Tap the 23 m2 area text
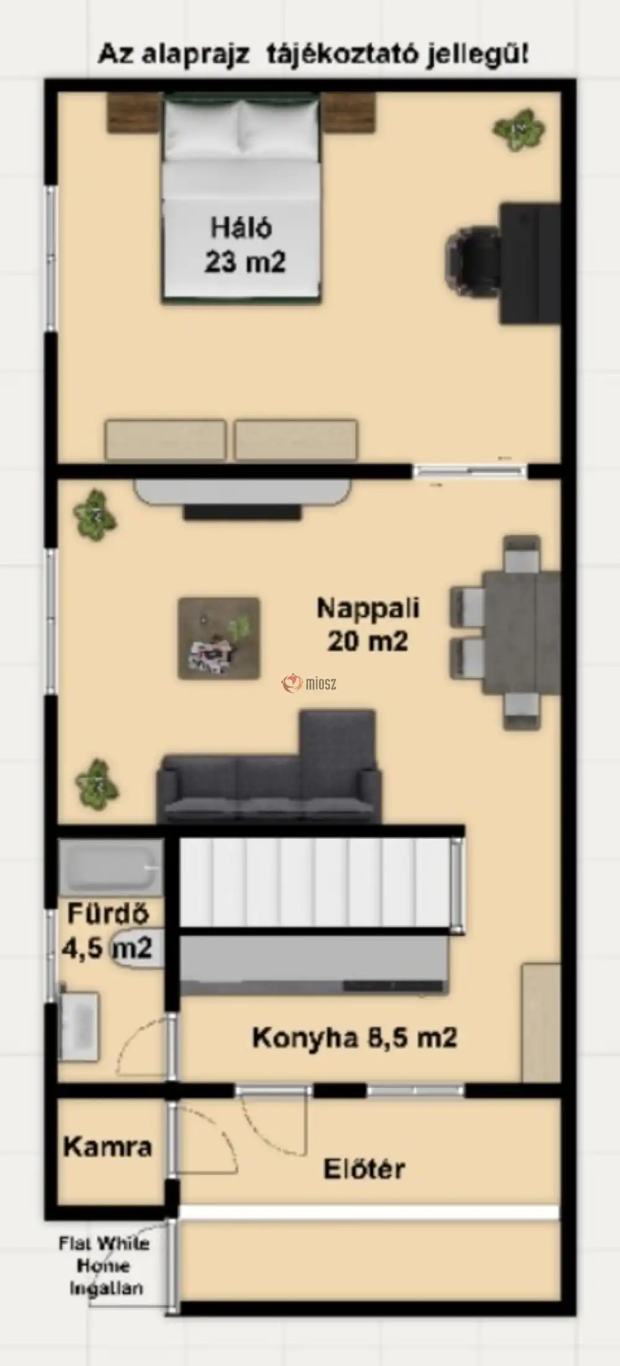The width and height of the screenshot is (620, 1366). click(245, 262)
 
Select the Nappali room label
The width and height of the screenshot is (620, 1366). click(368, 607)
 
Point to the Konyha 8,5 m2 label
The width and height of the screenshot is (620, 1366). click(355, 1037)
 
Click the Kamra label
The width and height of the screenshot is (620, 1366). click(108, 1147)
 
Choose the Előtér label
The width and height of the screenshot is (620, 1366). click(365, 1168)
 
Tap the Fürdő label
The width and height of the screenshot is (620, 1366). click(108, 914)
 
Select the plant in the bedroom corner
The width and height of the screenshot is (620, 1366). click(519, 130)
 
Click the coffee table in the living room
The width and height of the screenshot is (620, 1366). click(219, 638)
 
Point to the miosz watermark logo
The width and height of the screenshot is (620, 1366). click(309, 684)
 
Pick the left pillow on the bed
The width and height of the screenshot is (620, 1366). click(201, 130)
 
